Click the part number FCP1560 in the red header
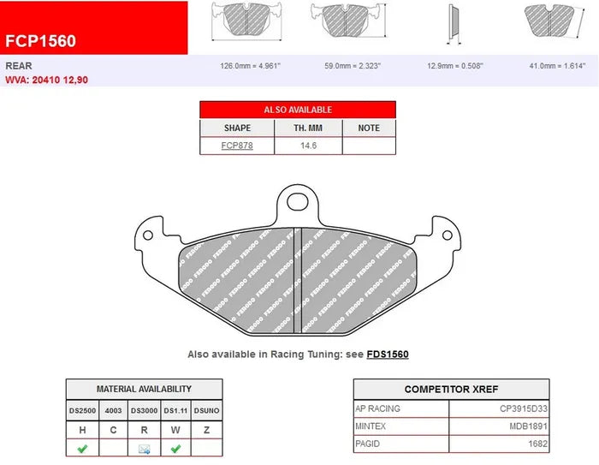pos(40,40)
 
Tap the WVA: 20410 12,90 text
pos(46,80)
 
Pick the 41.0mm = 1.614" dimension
pos(555,65)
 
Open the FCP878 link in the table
pos(237,146)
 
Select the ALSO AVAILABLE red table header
pos(298,110)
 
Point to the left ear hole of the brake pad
pos(150,234)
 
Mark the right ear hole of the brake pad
pos(446,234)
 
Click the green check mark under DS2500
pos(83,447)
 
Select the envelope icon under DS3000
pos(145,447)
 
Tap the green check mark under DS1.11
pos(175,447)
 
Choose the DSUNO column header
pos(206,411)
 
